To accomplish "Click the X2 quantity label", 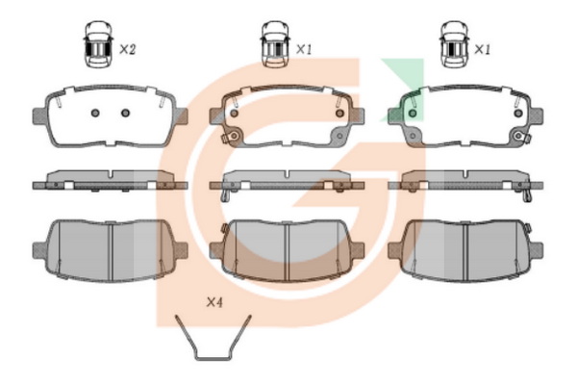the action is click(128, 49).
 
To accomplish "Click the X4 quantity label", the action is click(214, 302).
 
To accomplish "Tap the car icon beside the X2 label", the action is click(98, 44).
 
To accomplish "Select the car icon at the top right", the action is click(455, 44).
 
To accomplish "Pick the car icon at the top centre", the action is click(275, 44).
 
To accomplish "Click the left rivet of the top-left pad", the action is click(95, 113).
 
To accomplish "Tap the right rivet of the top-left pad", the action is click(125, 113).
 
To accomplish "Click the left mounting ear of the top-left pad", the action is click(39, 115).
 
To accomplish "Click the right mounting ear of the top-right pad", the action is click(537, 115).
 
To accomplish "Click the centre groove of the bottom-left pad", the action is click(110, 250).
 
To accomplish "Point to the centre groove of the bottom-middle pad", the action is click(287, 251).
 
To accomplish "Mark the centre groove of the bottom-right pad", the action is click(465, 251).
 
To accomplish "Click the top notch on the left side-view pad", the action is click(112, 173).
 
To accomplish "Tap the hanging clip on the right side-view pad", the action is click(528, 195).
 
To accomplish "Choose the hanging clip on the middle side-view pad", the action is click(225, 195).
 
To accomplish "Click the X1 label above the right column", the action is click(482, 49).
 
